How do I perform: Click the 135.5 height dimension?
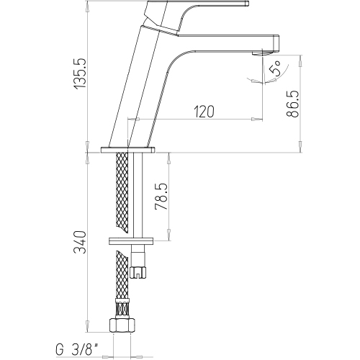(80, 73)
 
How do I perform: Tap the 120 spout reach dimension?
(204, 112)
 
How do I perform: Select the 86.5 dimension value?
(293, 104)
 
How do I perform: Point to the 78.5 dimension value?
(161, 197)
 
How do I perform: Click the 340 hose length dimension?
(80, 243)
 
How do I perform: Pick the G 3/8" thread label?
(77, 350)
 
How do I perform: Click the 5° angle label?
(276, 68)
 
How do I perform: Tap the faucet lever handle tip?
(247, 3)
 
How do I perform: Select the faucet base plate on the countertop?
(127, 150)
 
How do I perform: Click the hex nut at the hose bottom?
(122, 325)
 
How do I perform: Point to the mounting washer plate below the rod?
(131, 241)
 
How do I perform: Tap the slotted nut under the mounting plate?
(138, 272)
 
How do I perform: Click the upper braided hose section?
(122, 192)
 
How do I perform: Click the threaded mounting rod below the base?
(138, 195)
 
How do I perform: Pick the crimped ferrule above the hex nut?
(123, 308)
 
